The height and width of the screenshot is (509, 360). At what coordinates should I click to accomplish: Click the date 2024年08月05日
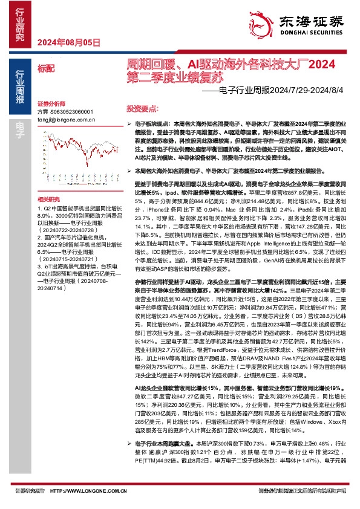coord(68,42)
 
